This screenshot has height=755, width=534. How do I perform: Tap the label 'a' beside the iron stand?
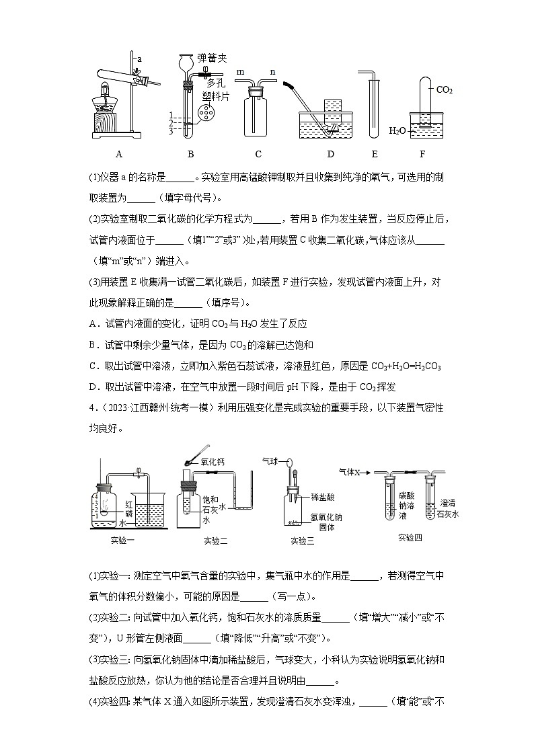click(139, 58)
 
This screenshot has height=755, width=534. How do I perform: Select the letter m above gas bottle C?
click(239, 71)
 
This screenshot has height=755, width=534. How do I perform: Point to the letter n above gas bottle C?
click(273, 71)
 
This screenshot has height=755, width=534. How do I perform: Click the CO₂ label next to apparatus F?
click(445, 89)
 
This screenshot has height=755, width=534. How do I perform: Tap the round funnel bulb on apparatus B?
click(188, 63)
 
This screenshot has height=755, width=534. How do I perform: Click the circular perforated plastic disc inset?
click(208, 113)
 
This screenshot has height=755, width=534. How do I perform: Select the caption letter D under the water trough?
click(330, 154)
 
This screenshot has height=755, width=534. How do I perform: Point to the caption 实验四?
click(410, 537)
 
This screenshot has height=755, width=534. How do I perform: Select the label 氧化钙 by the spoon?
click(214, 462)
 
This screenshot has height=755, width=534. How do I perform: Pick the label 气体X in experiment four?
click(351, 473)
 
